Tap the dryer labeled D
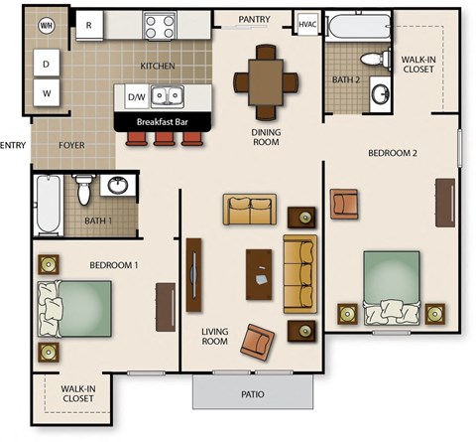pos(46,65)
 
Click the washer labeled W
pos(46,95)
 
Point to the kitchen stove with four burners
pos(159,24)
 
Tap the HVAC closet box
pos(306,24)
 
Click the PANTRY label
pos(255,19)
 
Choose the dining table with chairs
pos(265,78)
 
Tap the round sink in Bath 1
pos(118,185)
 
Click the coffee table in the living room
pos(260,271)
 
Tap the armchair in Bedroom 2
pos(344,204)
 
